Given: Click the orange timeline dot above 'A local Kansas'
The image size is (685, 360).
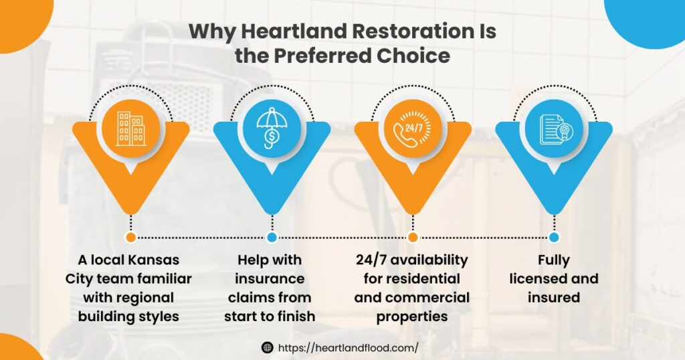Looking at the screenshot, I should point(131,237).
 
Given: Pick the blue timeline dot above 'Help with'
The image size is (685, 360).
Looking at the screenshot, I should point(272,237).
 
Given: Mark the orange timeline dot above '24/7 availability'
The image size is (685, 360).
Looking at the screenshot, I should point(413,237).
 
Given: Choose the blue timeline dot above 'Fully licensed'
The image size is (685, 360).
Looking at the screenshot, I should point(554,237).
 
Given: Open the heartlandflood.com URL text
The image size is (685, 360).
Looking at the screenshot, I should point(348,347).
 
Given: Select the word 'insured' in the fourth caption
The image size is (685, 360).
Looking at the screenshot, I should point(554,297).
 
